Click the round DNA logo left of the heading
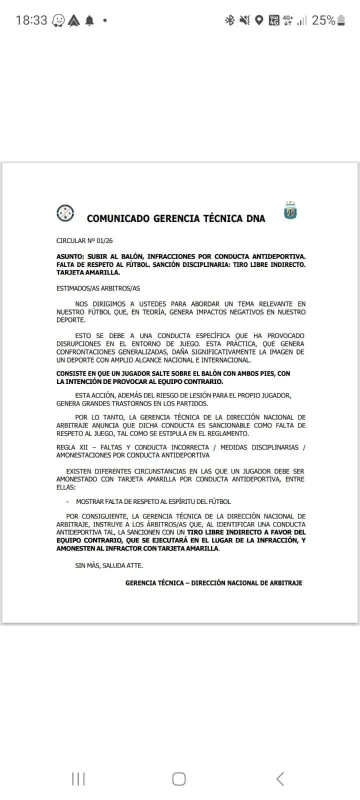[x=65, y=213]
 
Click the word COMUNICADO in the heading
[x=118, y=218]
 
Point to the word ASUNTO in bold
[x=70, y=256]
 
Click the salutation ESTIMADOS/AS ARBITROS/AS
[x=98, y=288]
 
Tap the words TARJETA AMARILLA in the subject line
[x=88, y=272]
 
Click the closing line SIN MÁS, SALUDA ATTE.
[x=109, y=565]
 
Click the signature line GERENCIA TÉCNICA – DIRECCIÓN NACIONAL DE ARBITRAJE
[x=214, y=583]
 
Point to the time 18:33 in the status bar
[x=31, y=20]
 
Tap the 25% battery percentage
[x=323, y=20]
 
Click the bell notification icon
[x=90, y=20]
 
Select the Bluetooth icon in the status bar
[x=229, y=20]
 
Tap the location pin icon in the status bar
[x=259, y=20]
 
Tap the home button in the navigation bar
[x=179, y=779]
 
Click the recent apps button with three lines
[x=78, y=779]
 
